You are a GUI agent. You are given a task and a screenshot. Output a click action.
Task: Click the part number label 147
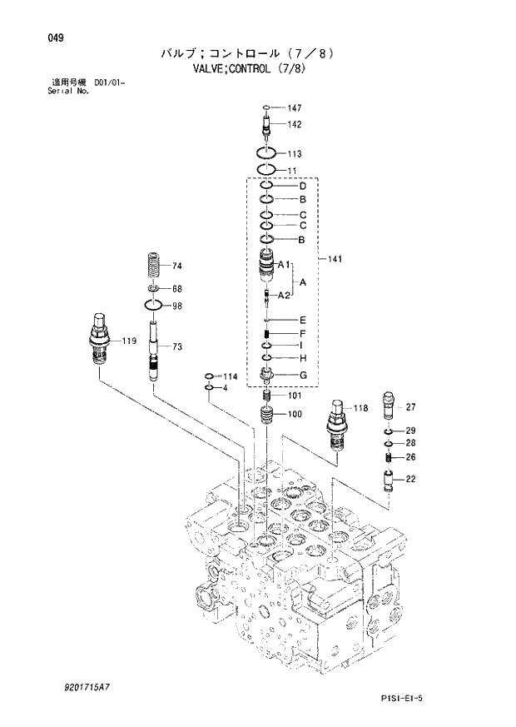click(295, 108)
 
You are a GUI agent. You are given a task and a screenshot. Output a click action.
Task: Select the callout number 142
click(295, 124)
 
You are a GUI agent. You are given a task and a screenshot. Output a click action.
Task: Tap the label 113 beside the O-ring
click(295, 154)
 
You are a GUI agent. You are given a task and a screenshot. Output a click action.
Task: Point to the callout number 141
click(336, 259)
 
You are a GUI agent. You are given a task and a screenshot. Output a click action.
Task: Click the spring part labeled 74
click(155, 266)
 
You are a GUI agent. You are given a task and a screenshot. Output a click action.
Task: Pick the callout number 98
click(176, 306)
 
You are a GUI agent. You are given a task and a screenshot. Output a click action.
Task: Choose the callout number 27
click(410, 407)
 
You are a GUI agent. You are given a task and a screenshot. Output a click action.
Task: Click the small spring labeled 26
click(389, 456)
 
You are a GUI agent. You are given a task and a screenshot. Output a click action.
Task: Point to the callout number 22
click(410, 479)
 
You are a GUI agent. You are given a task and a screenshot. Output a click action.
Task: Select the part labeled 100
click(266, 413)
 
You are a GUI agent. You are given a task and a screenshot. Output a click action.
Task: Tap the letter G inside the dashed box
click(304, 376)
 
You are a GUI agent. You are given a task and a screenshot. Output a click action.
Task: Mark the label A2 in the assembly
click(283, 296)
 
